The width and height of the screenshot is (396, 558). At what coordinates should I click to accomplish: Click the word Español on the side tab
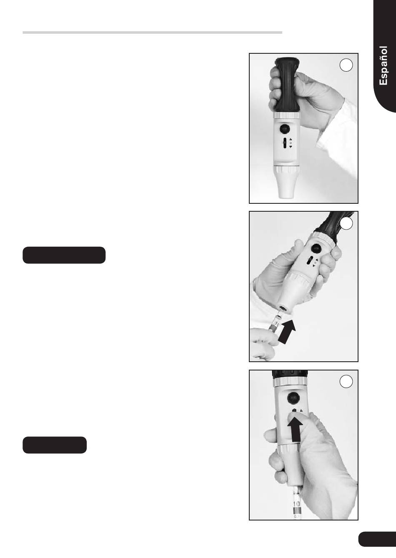[x=383, y=66]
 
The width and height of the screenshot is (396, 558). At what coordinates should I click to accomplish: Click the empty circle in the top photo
[x=346, y=65]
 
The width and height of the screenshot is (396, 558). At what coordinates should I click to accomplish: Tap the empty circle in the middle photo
[x=346, y=223]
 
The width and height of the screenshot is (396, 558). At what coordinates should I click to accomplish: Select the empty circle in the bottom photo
[x=346, y=381]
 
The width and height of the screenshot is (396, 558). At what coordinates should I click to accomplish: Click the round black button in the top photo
[x=284, y=129]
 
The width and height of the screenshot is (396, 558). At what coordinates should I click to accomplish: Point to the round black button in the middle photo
[x=316, y=248]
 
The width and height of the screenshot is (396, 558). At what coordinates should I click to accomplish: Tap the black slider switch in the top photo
[x=284, y=143]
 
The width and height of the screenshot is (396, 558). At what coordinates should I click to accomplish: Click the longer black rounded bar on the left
[x=64, y=255]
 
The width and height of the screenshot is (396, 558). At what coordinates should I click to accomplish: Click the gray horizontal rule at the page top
[x=152, y=33]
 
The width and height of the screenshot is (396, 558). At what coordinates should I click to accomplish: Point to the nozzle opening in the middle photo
[x=284, y=309]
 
